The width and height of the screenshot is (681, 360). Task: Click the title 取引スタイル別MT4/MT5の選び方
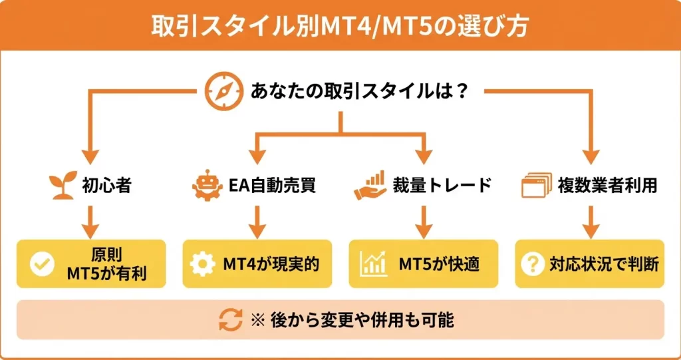click(x=340, y=25)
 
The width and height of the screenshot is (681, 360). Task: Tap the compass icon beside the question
click(x=220, y=90)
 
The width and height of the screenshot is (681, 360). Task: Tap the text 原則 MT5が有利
click(x=106, y=264)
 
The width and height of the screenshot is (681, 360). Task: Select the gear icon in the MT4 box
click(x=202, y=264)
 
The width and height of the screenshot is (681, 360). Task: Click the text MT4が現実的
click(x=271, y=264)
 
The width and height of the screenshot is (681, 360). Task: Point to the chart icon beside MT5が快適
click(x=372, y=264)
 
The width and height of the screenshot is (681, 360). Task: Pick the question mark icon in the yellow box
click(x=532, y=264)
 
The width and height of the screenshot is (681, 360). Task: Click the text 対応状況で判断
click(x=603, y=264)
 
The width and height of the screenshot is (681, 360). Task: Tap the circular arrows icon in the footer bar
click(x=230, y=320)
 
